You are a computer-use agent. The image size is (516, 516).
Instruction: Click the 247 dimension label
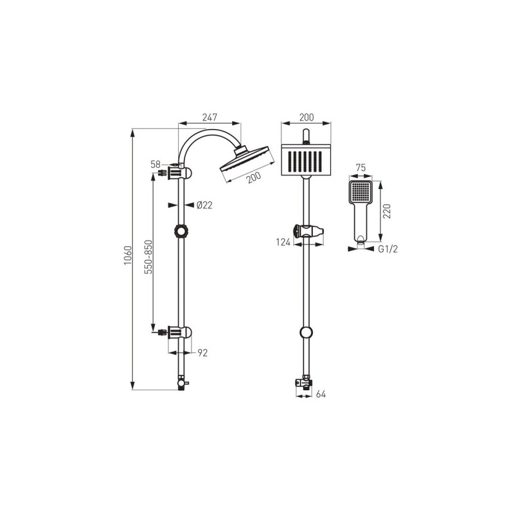(x=210, y=117)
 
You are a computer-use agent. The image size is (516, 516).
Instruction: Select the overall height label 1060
(x=128, y=255)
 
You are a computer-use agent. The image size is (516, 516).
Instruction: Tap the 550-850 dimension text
(x=149, y=257)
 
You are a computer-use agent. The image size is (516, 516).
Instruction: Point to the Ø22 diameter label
(x=204, y=205)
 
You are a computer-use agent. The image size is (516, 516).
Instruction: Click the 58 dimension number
(x=155, y=164)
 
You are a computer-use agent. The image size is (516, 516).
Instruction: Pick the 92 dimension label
(x=203, y=353)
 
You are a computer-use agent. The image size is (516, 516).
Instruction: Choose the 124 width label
(x=283, y=243)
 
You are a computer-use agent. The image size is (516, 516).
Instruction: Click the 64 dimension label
(x=321, y=394)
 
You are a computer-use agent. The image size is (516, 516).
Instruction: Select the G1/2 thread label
(x=388, y=249)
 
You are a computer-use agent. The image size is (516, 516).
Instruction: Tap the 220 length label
(x=387, y=212)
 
